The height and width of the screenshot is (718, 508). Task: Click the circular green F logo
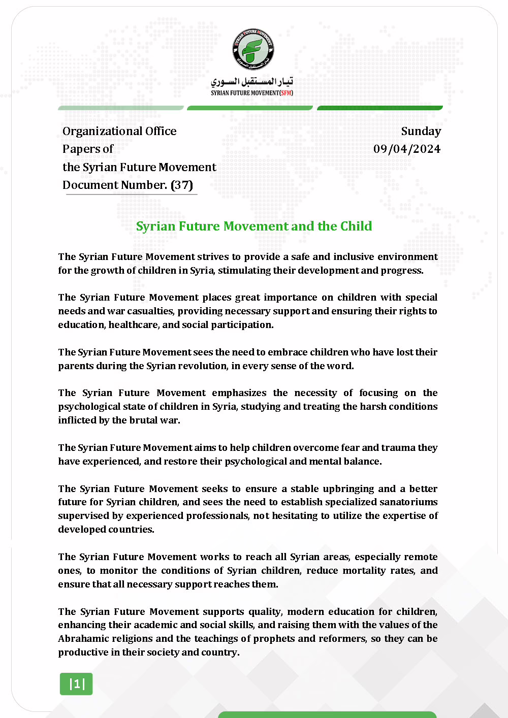pos(253,50)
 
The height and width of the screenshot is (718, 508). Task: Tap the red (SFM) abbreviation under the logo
pos(287,93)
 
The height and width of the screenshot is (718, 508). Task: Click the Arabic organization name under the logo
pos(252,81)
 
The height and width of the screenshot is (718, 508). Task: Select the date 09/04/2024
pos(407,149)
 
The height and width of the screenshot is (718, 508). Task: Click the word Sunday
pos(421,131)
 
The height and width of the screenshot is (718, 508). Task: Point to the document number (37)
pos(182,185)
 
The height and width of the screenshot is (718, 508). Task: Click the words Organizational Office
pos(119,131)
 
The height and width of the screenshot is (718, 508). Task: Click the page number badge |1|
pos(76,684)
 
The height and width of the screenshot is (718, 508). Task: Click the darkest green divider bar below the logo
pos(379,108)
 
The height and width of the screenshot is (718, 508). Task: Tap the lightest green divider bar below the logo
pos(121,108)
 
